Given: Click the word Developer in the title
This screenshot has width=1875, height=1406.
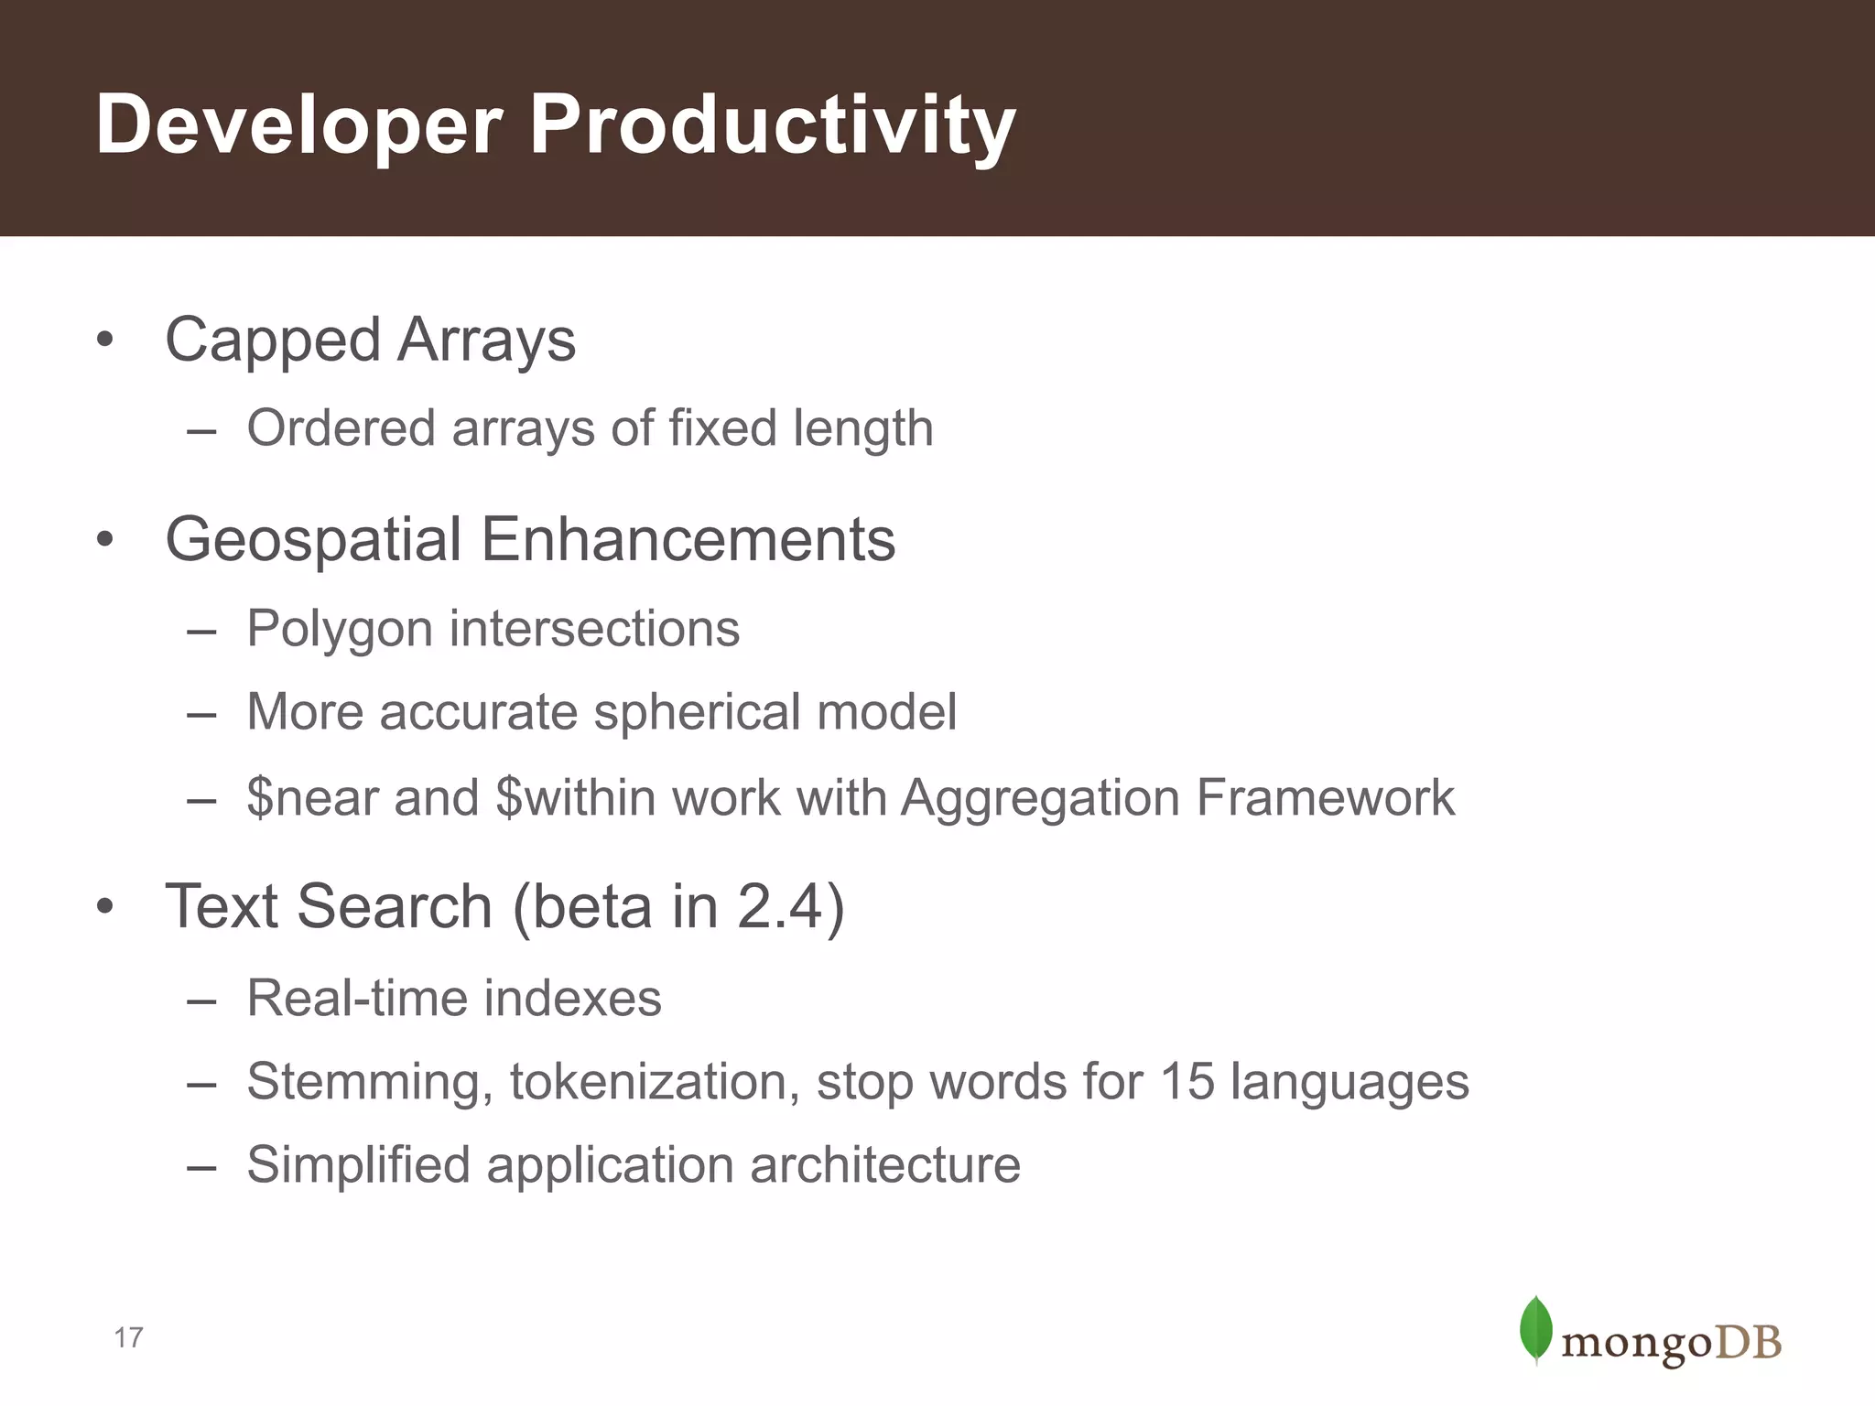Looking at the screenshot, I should point(298,126).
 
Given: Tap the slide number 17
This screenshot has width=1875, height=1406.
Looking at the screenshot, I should point(128,1338).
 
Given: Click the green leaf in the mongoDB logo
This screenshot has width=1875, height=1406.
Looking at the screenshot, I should point(1535,1329).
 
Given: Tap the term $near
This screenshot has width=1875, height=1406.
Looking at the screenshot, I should point(312,798).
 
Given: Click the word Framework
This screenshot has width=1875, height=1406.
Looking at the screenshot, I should point(1325,798).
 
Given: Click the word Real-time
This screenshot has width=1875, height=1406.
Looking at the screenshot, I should point(357,998).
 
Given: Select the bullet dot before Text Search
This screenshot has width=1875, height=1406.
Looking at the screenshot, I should point(105,907).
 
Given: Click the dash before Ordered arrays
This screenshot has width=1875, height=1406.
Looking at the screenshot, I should point(201,430).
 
